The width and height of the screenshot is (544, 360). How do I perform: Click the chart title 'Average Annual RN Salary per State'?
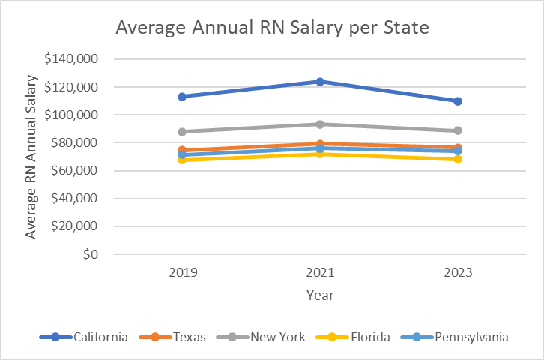click(271, 29)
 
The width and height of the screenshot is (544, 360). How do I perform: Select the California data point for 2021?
click(319, 81)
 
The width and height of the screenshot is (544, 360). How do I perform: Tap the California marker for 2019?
click(181, 96)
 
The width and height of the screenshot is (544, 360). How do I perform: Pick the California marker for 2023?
click(457, 100)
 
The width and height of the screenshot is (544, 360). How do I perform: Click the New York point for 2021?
click(319, 124)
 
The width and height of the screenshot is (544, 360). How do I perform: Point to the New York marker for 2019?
click(181, 131)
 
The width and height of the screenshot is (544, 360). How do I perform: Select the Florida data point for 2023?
click(457, 159)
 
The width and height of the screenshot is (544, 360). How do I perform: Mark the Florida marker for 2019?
click(181, 160)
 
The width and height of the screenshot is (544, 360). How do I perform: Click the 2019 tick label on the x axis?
click(181, 273)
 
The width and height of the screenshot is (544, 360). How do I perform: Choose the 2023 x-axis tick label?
click(457, 273)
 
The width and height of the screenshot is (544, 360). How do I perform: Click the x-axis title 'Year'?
click(319, 295)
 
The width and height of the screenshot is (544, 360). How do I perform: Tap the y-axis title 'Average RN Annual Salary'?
click(31, 156)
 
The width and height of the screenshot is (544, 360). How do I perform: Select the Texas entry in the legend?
click(176, 337)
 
